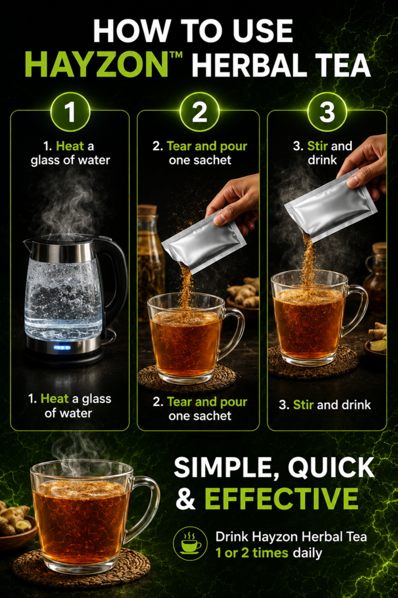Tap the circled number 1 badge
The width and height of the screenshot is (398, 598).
tap(70, 112)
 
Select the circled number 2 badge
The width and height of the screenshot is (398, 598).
tap(199, 112)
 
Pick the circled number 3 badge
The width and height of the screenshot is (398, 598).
tap(327, 112)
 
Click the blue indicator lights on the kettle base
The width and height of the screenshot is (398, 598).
tap(62, 347)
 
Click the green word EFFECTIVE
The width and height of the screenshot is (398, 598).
tap(281, 498)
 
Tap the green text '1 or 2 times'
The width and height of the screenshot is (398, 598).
tap(252, 553)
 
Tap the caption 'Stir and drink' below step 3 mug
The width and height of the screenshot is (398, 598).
tap(324, 405)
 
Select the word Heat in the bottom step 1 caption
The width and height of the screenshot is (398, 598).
tap(54, 399)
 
